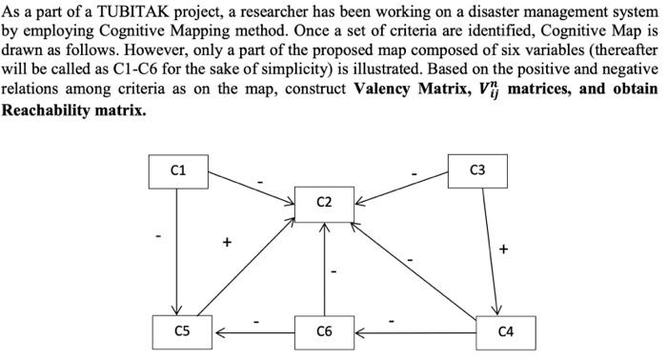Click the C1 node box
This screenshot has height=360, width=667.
178,171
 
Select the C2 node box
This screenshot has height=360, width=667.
324,202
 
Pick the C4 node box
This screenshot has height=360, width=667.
505,331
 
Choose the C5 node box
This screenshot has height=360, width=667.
182,331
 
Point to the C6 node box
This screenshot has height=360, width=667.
324,331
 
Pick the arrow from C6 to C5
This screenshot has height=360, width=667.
253,332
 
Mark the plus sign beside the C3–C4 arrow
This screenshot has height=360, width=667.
503,250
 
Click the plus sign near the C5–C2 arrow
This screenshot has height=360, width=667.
227,243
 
